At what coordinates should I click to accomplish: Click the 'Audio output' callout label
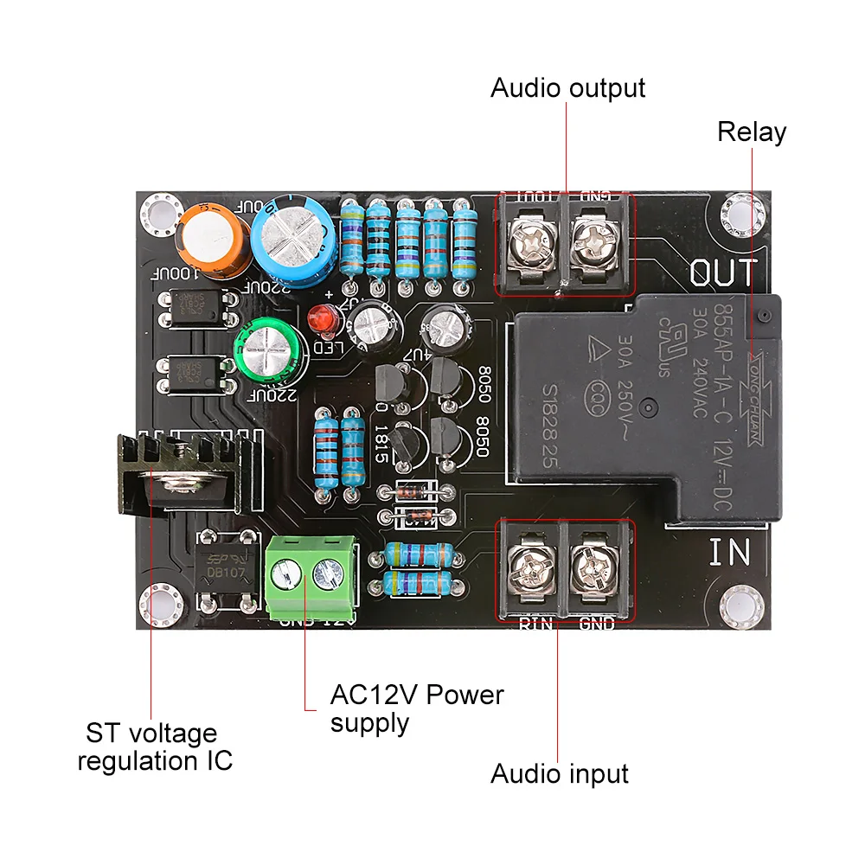pos(567,88)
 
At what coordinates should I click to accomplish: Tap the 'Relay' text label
pos(752,132)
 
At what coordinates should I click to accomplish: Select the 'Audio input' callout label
pos(559,773)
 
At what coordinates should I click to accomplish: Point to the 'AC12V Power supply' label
pos(416,708)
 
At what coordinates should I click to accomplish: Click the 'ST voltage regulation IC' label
pos(155,747)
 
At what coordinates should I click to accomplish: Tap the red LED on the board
pos(323,320)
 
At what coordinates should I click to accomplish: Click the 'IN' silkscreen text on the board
pos(729,552)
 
